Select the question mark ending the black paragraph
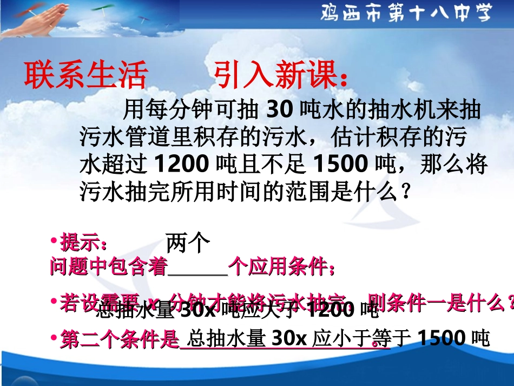pyautogui.click(x=405, y=191)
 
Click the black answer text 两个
pyautogui.click(x=187, y=243)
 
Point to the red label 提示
pyautogui.click(x=87, y=242)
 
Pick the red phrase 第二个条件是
pyautogui.click(x=119, y=339)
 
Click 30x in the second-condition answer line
pyautogui.click(x=289, y=338)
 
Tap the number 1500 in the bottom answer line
pyautogui.click(x=441, y=338)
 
